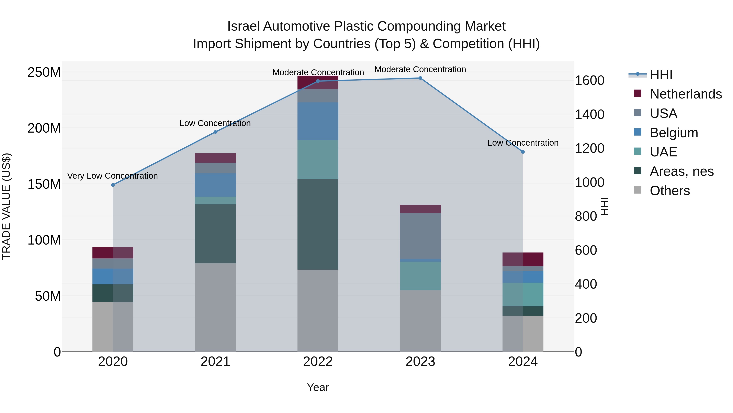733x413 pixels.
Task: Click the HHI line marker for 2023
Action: pyautogui.click(x=420, y=78)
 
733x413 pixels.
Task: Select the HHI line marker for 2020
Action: pyautogui.click(x=113, y=185)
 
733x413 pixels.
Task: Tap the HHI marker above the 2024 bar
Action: pyautogui.click(x=523, y=152)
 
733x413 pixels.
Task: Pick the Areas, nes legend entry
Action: pyautogui.click(x=681, y=171)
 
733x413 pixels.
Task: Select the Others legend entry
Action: pyautogui.click(x=669, y=191)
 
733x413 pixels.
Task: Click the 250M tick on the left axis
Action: pyautogui.click(x=44, y=72)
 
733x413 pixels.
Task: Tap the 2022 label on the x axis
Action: pyautogui.click(x=318, y=362)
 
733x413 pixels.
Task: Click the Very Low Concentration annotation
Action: pyautogui.click(x=112, y=176)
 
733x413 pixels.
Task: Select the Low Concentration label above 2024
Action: pyautogui.click(x=523, y=143)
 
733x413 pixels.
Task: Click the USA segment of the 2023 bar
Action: pyautogui.click(x=420, y=236)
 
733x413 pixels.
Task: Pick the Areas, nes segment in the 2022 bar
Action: pyautogui.click(x=318, y=224)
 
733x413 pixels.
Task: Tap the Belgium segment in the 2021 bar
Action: pyautogui.click(x=215, y=185)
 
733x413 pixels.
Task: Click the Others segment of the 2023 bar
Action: pyautogui.click(x=420, y=321)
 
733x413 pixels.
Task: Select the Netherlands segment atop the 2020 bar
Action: pyautogui.click(x=113, y=253)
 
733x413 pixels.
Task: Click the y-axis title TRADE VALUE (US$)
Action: pyautogui.click(x=7, y=206)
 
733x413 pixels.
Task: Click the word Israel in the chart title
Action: pyautogui.click(x=243, y=27)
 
